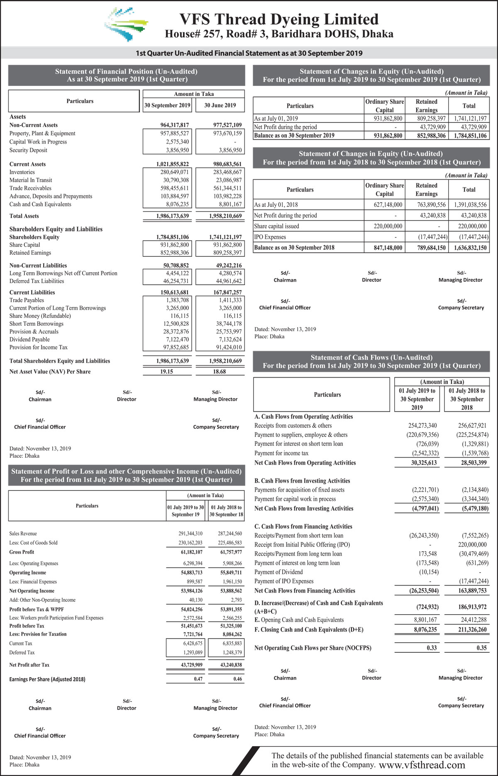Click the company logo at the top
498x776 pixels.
point(126,24)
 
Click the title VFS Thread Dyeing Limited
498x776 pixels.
point(279,20)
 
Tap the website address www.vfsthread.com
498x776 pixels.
point(422,765)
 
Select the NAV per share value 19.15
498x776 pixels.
point(167,372)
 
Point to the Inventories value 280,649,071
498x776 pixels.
point(174,172)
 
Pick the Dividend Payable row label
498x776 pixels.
point(29,339)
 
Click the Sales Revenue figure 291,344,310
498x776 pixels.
point(190,534)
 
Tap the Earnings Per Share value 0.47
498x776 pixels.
point(198,679)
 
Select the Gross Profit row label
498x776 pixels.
point(22,552)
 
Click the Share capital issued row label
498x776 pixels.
point(276,226)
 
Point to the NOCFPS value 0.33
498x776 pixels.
point(432,648)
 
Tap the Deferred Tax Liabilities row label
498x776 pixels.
point(37,281)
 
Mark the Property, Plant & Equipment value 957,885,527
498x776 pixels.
point(174,134)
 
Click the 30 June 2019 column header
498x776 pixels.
point(220,105)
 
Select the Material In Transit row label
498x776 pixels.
point(31,180)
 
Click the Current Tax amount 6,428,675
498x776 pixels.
point(193,644)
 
